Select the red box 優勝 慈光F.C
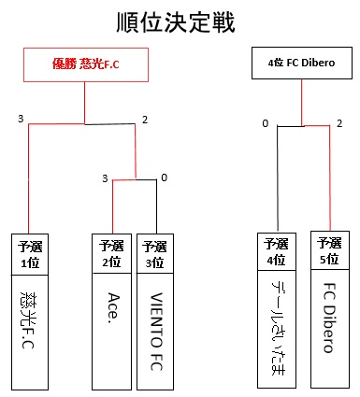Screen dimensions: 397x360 pyautogui.click(x=85, y=64)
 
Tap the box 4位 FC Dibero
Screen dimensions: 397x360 pyautogui.click(x=301, y=65)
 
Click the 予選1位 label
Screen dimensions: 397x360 pyautogui.click(x=28, y=254)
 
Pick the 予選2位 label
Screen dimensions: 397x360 pyautogui.click(x=111, y=254)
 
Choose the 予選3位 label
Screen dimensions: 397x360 pyautogui.click(x=154, y=254)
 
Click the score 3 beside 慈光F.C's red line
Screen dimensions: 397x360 pyautogui.click(x=20, y=119)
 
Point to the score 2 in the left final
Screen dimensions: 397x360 pyautogui.click(x=145, y=119)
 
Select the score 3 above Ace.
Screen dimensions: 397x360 pyautogui.click(x=105, y=177)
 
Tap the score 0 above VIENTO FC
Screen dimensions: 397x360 pyautogui.click(x=164, y=177)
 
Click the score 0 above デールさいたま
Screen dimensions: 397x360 pyautogui.click(x=265, y=122)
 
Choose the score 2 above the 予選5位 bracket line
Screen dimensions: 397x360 pyautogui.click(x=338, y=122)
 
